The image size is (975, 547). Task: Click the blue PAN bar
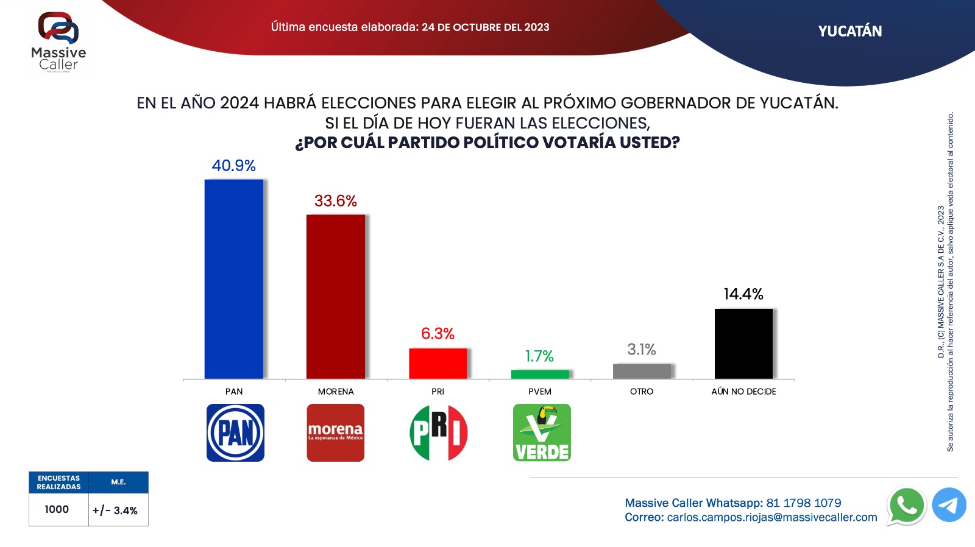point(234,279)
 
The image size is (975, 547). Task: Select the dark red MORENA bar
point(336,297)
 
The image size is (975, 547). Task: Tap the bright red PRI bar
point(438,364)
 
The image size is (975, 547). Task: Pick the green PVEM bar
point(540,374)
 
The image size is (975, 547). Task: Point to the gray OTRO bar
point(642,371)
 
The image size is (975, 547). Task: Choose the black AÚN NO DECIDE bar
point(743,344)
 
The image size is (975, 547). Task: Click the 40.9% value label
point(233,166)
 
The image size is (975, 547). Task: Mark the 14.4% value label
point(743,294)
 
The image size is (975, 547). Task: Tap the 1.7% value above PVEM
point(539,356)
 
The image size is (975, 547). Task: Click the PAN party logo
point(235,432)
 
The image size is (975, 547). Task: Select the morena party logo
point(335,432)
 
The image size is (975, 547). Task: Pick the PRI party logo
point(438,432)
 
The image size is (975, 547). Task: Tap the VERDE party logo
point(542,432)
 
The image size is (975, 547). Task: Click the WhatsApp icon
point(906,506)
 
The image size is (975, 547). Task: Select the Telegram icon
point(949,505)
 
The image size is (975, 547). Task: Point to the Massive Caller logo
point(58,42)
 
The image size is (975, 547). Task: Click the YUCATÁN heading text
point(849,32)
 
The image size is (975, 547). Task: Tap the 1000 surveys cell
point(57,509)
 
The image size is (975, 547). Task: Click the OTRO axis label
point(642,392)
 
